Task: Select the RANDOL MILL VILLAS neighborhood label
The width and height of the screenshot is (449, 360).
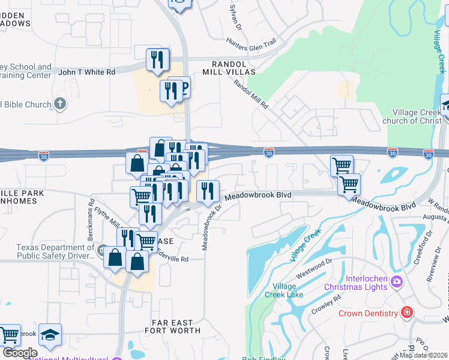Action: click(234, 68)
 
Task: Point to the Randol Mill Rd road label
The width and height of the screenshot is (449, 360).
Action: click(251, 95)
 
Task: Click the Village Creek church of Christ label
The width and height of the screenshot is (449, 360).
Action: click(420, 116)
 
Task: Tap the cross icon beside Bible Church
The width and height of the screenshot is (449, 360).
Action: click(59, 104)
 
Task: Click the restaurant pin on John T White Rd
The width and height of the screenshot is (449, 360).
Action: click(157, 60)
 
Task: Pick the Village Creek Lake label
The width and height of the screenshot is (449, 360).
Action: click(288, 290)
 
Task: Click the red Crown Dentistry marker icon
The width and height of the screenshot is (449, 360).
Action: click(406, 313)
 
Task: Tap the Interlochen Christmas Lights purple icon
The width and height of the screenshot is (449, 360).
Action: click(396, 281)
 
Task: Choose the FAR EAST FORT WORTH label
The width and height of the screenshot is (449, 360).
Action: click(173, 326)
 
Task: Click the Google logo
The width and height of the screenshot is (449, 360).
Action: click(19, 353)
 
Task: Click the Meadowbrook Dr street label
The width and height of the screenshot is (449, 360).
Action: click(211, 227)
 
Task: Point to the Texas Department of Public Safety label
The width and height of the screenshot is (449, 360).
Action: click(55, 251)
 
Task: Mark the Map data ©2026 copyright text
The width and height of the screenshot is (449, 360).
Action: click(424, 355)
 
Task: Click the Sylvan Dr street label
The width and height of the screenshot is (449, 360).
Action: click(235, 18)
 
